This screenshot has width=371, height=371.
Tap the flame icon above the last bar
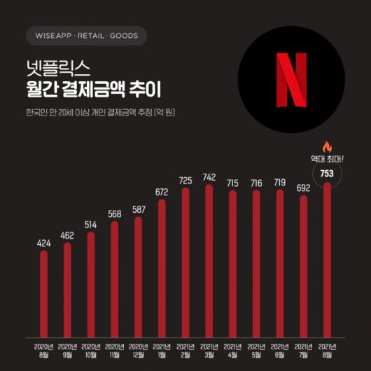coord(325,147)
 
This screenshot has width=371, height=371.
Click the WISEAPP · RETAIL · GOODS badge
coord(86,36)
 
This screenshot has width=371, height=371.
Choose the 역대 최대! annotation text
coord(325,158)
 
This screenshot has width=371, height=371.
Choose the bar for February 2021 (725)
coord(185,262)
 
